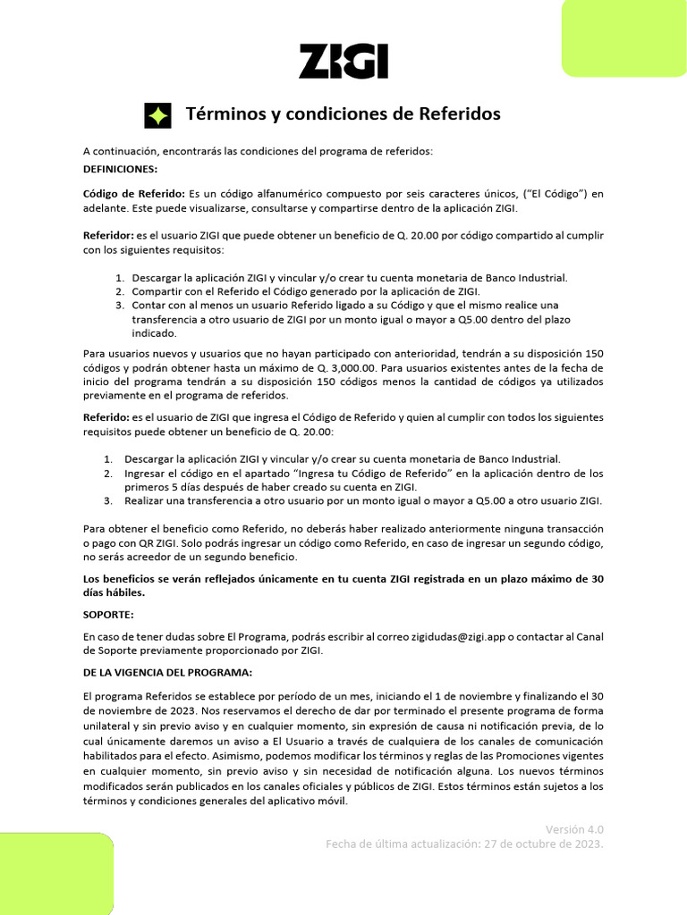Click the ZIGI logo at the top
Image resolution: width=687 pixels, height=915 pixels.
pyautogui.click(x=343, y=63)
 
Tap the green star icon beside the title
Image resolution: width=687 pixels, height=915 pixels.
pyautogui.click(x=157, y=115)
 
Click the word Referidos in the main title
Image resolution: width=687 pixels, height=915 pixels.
pyautogui.click(x=457, y=114)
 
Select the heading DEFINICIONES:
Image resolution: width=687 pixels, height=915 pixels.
pyautogui.click(x=120, y=168)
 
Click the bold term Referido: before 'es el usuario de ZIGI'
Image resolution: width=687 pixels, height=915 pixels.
pyautogui.click(x=106, y=417)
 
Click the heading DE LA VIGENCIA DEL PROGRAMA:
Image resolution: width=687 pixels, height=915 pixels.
pyautogui.click(x=167, y=671)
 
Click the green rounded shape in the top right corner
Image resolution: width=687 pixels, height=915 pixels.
pyautogui.click(x=623, y=38)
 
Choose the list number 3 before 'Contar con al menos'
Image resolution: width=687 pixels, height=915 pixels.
pyautogui.click(x=119, y=306)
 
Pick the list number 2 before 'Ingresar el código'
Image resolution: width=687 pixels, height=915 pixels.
pyautogui.click(x=107, y=473)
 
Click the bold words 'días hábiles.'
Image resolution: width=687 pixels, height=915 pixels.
pyautogui.click(x=114, y=592)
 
